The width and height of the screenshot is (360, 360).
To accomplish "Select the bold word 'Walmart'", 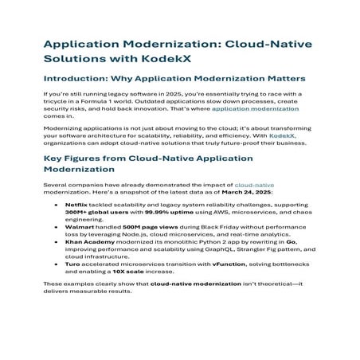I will [79, 226].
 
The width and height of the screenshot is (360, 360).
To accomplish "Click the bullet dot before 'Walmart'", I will [55, 226].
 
